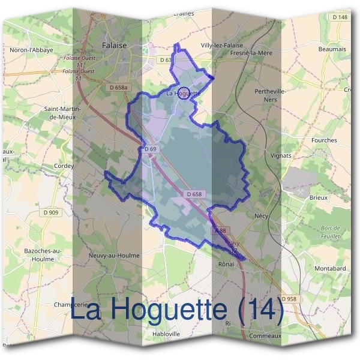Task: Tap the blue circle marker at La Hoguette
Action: click(185, 93)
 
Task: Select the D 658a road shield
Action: click(119, 88)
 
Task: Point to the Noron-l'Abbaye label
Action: click(32, 50)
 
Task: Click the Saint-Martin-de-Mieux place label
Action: click(59, 113)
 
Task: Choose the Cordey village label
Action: click(64, 166)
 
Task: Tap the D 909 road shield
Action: click(51, 212)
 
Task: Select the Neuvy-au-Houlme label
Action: click(114, 255)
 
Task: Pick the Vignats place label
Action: click(281, 155)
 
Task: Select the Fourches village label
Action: click(324, 140)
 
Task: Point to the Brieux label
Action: click(319, 197)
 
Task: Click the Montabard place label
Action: click(330, 268)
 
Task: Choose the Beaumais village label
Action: click(332, 49)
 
